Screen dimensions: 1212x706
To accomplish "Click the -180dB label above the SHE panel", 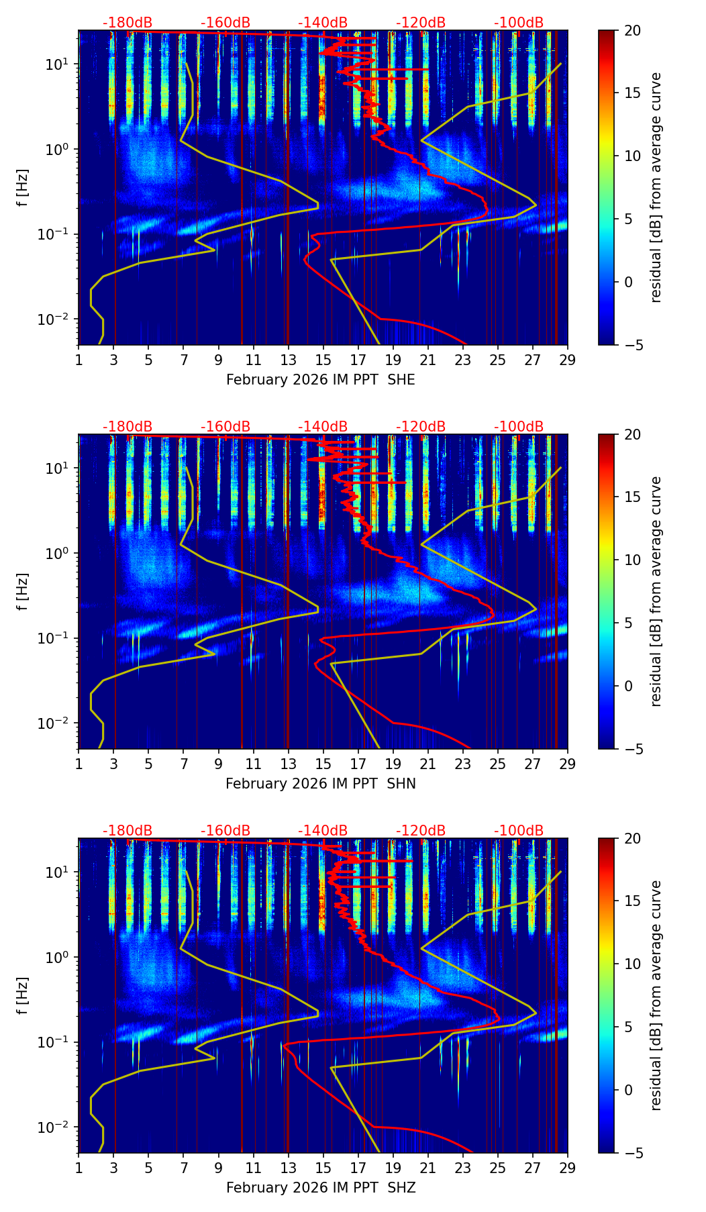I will tap(128, 23).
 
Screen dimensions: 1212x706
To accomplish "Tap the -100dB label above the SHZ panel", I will tap(519, 831).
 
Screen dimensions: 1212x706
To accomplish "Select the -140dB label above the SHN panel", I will tap(323, 427).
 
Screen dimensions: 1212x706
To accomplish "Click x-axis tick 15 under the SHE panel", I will tap(323, 360).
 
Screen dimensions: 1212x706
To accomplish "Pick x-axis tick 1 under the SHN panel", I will tap(79, 764).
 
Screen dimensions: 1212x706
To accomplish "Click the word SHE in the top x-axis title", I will tap(401, 381).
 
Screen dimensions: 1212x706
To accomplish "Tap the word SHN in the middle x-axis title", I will tap(401, 785).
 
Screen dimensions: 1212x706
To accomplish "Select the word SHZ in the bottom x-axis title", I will tap(401, 1189).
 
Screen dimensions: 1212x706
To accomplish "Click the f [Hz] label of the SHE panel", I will tap(23, 188).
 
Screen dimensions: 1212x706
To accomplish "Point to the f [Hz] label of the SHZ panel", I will tap(23, 996).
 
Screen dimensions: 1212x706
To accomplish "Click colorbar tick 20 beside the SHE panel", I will tap(633, 31).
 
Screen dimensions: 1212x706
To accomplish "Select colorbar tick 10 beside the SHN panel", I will tap(633, 560).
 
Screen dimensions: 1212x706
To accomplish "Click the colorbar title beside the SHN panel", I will tap(656, 591).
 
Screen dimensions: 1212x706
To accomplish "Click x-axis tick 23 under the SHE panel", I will tap(463, 360).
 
